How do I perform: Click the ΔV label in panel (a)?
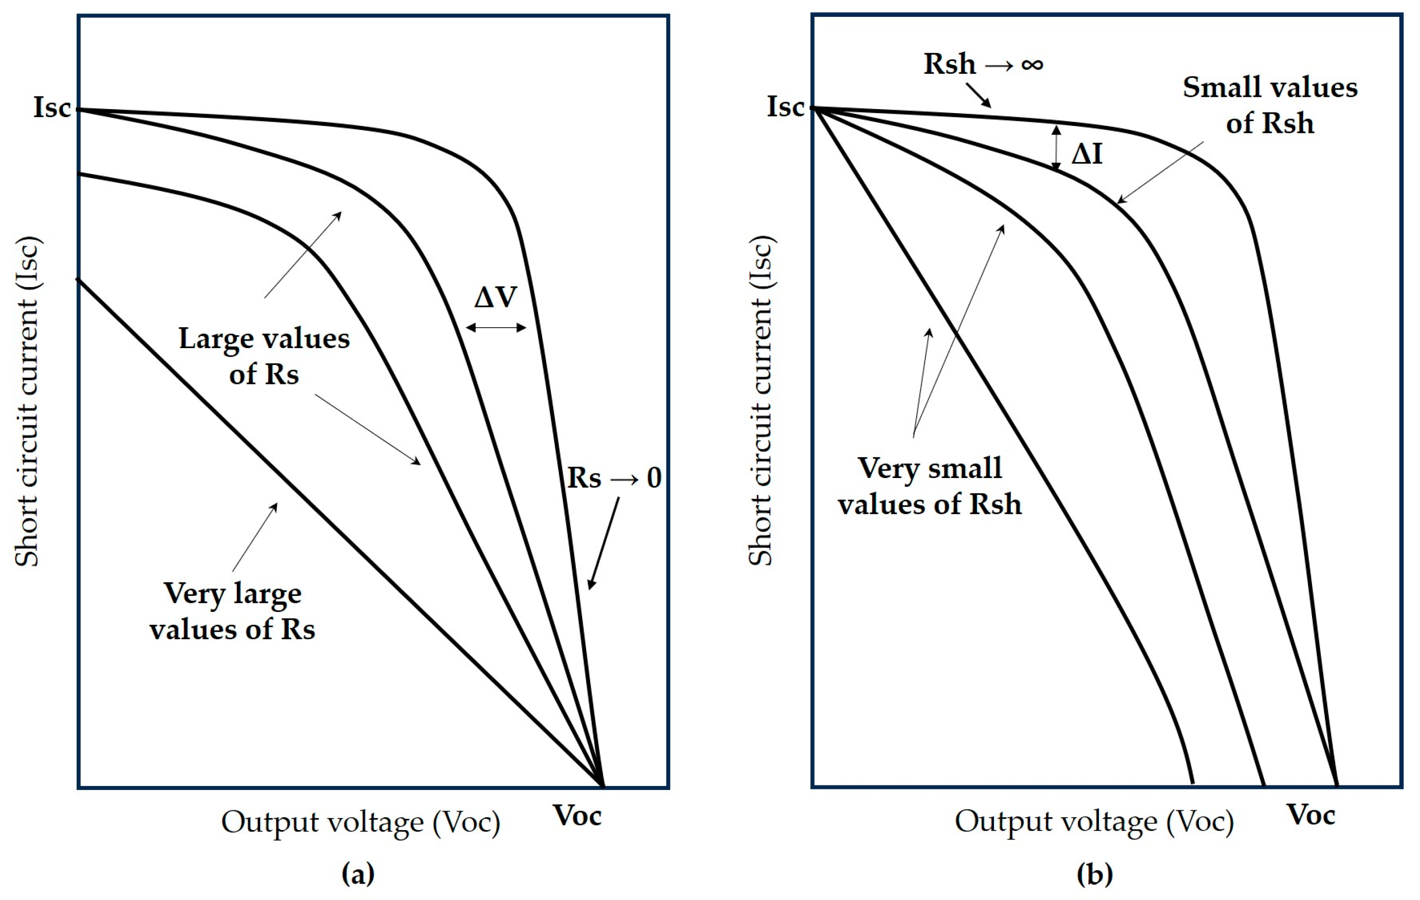tap(495, 297)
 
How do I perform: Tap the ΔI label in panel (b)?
tap(1086, 155)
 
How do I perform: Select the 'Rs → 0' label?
tap(614, 478)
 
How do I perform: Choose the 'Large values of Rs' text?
tap(264, 356)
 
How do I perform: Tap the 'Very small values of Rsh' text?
tap(929, 486)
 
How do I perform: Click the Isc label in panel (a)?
tap(52, 108)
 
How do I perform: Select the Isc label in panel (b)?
tap(785, 107)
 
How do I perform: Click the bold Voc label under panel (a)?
tap(577, 816)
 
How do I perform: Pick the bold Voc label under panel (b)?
tap(1311, 815)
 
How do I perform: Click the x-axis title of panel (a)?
tap(360, 822)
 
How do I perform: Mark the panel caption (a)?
tap(358, 873)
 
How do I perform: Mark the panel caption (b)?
tap(1094, 873)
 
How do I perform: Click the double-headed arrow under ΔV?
tap(496, 328)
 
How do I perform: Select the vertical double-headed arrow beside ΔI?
tap(1056, 148)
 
